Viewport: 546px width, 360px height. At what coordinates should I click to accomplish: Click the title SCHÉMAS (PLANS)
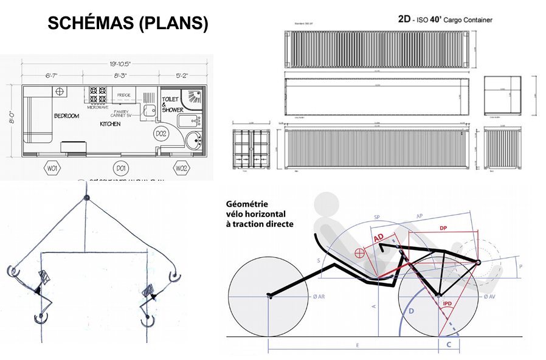(x=128, y=23)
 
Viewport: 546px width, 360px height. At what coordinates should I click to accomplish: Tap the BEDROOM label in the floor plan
(x=66, y=116)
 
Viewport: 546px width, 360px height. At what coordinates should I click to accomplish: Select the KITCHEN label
(x=110, y=124)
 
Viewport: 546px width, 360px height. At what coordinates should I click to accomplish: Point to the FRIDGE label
(x=124, y=95)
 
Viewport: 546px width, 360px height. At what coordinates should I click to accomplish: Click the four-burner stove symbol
(x=98, y=95)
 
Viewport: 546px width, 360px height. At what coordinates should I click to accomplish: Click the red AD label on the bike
(x=378, y=238)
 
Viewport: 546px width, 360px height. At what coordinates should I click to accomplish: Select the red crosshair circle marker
(x=359, y=251)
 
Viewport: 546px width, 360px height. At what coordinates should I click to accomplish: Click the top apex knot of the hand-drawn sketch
(x=86, y=198)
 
